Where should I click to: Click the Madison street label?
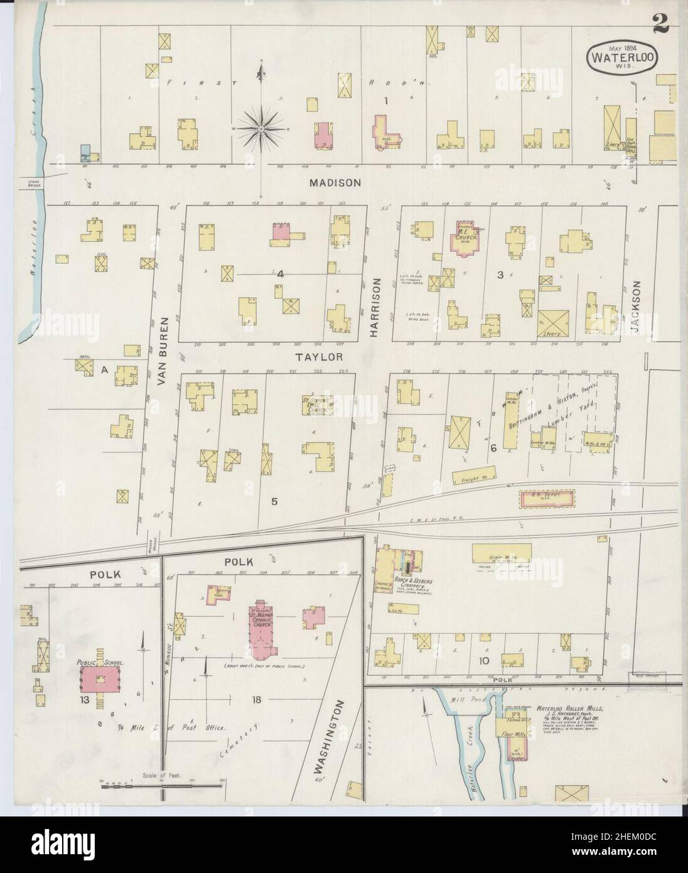[335, 183]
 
